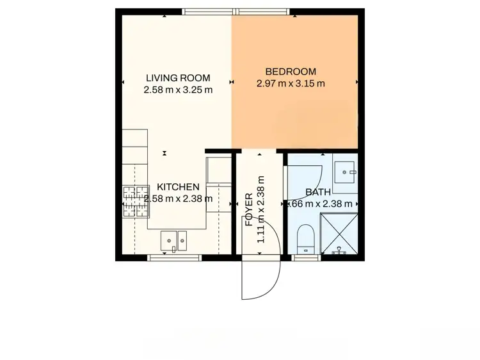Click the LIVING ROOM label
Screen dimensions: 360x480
[x=178, y=78]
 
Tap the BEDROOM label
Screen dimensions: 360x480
[x=291, y=71]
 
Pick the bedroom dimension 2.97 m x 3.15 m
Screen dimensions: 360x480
[x=291, y=83]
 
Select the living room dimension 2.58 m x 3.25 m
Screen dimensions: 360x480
[x=178, y=90]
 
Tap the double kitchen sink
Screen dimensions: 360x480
[x=173, y=240]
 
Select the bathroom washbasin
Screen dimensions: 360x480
[x=349, y=170]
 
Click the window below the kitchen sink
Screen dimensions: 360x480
[x=175, y=258]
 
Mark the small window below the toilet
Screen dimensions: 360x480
[x=306, y=258]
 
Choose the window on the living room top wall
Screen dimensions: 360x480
[x=207, y=11]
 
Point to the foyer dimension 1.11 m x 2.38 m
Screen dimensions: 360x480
[x=260, y=209]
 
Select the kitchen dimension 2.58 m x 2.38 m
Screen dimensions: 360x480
[x=179, y=199]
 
